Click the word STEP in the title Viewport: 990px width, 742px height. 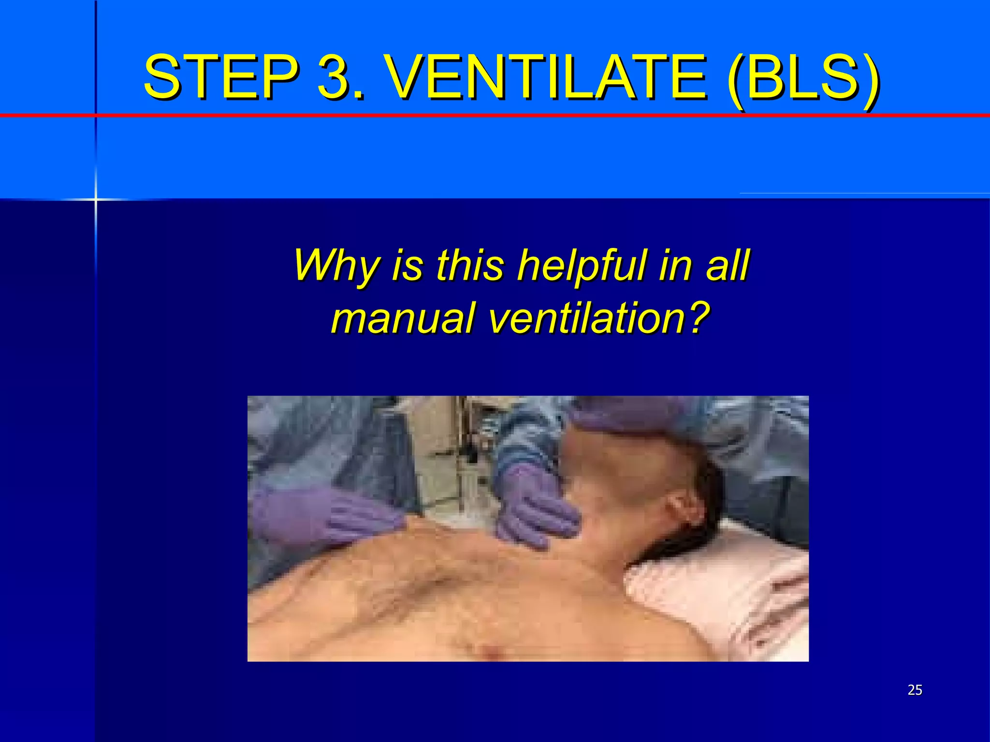(x=220, y=76)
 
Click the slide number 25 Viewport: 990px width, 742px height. (x=915, y=690)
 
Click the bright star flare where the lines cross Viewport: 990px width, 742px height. (x=96, y=199)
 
